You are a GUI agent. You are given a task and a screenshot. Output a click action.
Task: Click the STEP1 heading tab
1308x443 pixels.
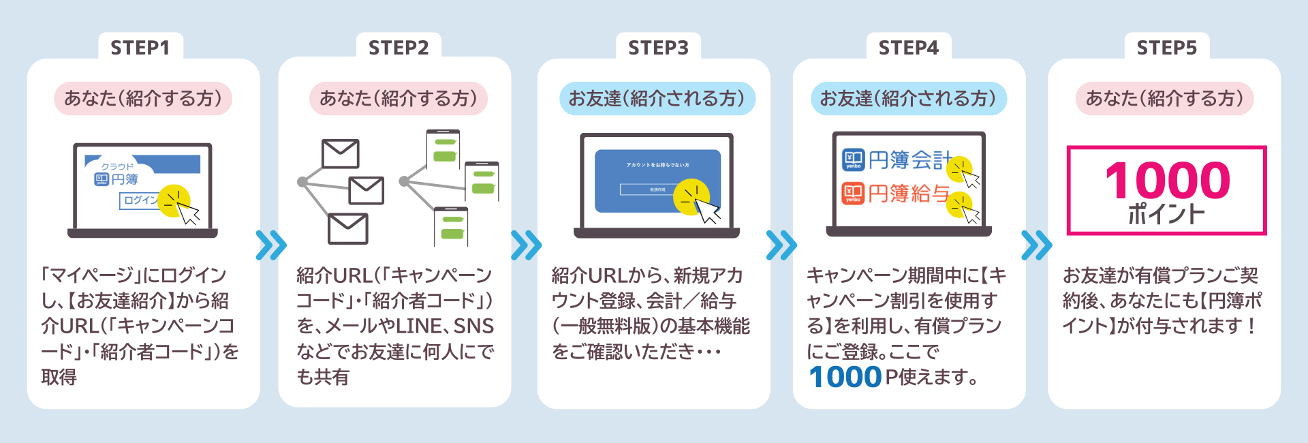pos(140,48)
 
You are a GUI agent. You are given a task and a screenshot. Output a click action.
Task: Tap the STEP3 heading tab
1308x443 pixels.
pos(658,48)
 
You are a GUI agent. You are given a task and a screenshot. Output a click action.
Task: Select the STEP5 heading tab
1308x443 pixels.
pos(1166,48)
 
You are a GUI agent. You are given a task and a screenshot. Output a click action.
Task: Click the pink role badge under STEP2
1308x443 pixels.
pos(399,99)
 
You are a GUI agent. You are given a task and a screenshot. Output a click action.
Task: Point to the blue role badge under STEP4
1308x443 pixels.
pos(908,99)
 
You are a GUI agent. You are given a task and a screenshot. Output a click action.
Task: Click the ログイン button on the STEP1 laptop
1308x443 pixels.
pos(140,200)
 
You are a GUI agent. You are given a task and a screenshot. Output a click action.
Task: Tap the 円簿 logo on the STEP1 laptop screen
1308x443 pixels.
pos(116,179)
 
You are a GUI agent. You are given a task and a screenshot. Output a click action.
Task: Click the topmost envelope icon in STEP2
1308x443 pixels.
pos(340,154)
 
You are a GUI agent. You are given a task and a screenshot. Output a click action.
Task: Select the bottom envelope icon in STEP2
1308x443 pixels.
pos(347,228)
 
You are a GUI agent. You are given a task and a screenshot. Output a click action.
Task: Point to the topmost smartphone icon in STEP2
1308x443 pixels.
pos(443,149)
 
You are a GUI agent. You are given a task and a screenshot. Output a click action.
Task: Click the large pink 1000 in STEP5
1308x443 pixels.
pos(1167,180)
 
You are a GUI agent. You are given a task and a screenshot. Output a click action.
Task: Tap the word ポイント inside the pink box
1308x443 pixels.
pos(1166,215)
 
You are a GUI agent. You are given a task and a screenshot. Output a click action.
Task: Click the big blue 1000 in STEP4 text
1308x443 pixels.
pos(845,377)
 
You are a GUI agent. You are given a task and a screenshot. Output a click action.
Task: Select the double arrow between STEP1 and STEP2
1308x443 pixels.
pos(270,245)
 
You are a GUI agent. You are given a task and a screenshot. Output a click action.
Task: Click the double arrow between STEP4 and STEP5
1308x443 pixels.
pos(1036,245)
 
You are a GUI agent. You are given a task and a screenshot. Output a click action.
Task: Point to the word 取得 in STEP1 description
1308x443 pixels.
pos(59,377)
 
